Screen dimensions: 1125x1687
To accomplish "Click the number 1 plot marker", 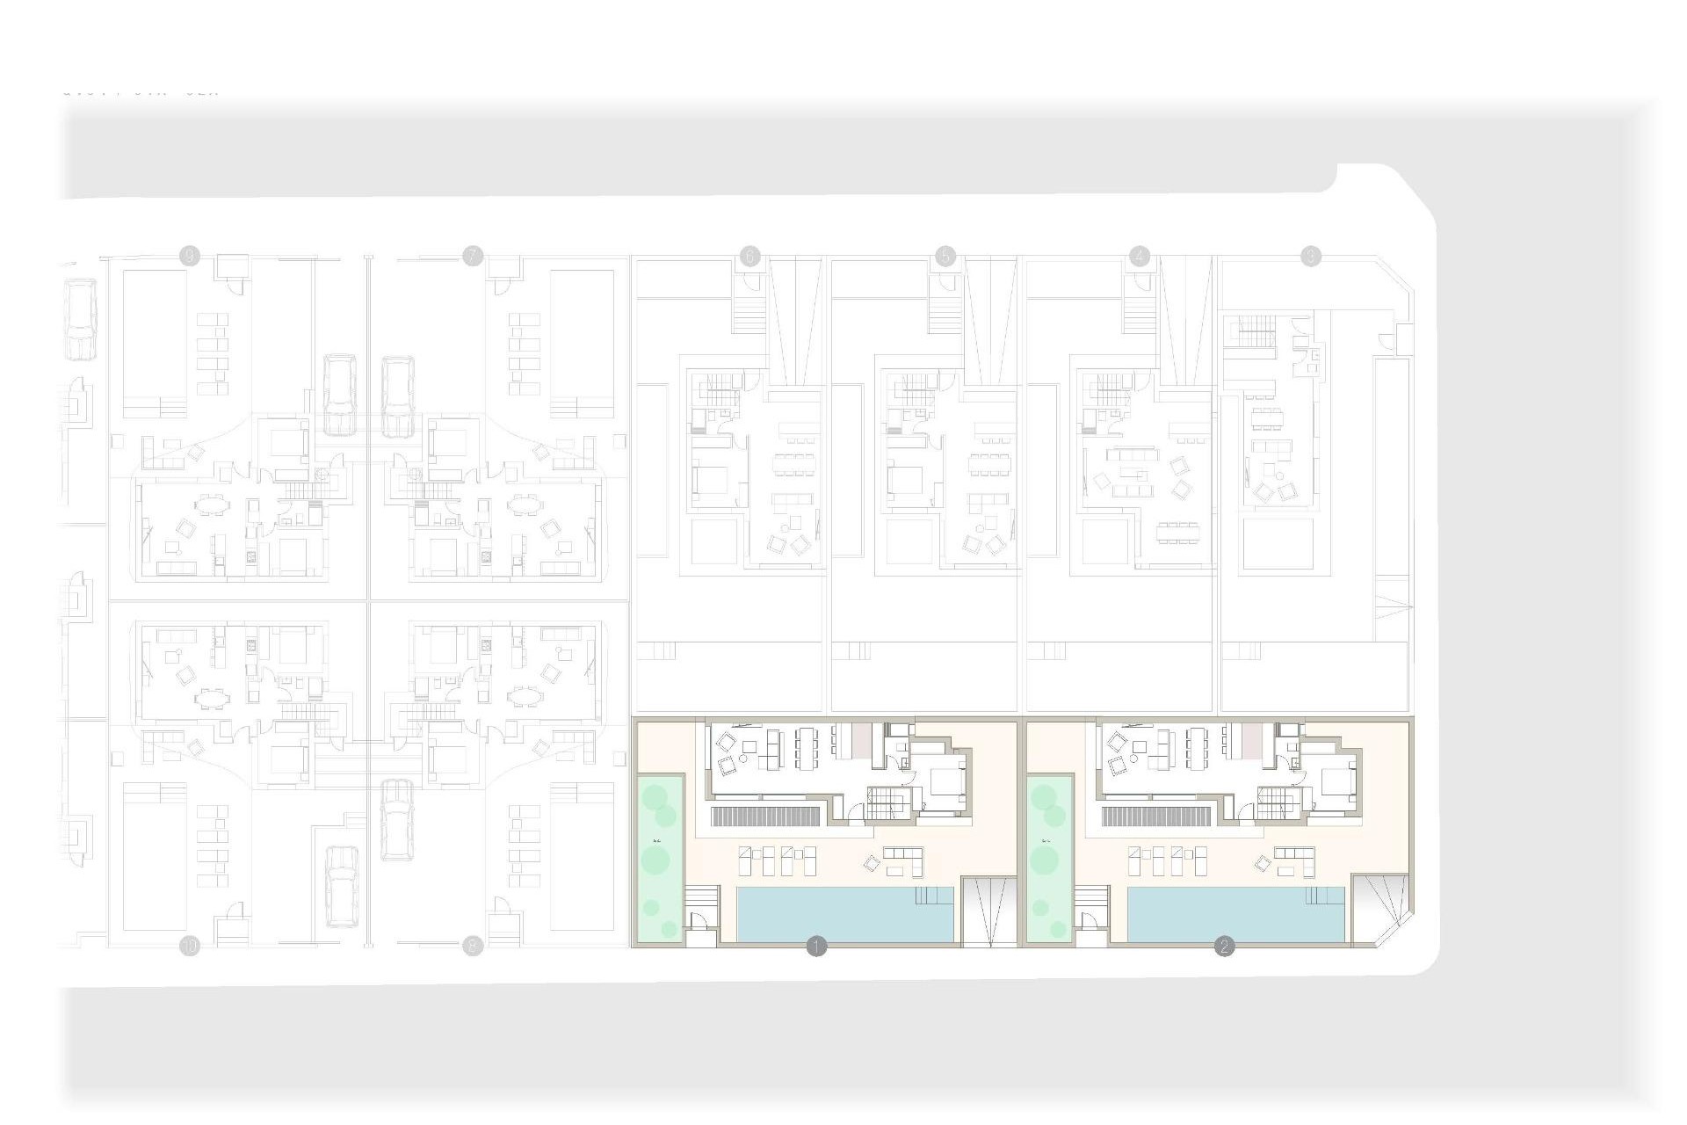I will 816,947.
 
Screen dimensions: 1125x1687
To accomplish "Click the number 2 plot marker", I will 1224,947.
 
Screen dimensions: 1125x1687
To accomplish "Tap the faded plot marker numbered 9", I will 189,256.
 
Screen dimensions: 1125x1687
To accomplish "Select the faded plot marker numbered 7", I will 473,256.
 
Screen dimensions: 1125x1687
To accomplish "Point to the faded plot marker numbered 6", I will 749,256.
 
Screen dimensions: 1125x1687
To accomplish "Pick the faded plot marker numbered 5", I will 945,256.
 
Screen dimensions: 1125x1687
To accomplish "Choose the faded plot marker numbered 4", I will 1140,256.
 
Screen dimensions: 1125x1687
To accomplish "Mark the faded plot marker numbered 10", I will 189,947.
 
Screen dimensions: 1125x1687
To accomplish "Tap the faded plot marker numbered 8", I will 473,947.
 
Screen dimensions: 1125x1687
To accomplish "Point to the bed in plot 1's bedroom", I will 944,780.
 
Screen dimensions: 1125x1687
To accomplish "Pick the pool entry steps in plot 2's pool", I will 1324,896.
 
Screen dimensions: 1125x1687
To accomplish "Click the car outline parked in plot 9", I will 339,396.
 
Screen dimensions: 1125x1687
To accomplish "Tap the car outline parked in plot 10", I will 341,886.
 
